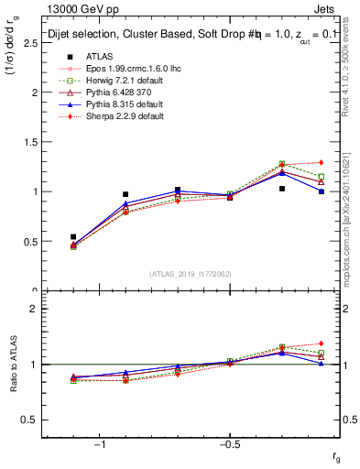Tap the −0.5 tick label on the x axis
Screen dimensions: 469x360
(229, 444)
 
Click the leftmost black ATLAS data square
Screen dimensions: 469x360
(73, 236)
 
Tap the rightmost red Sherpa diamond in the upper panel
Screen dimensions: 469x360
(321, 162)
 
